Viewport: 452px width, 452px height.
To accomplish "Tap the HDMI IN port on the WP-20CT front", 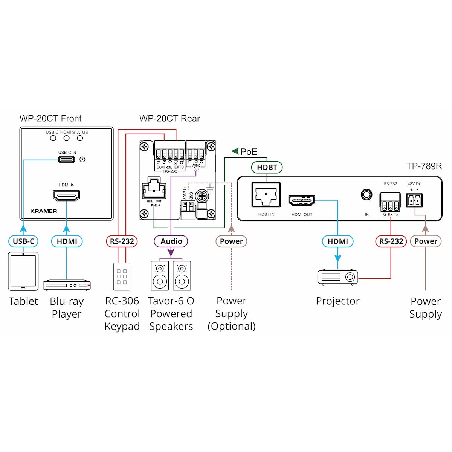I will pyautogui.click(x=66, y=195).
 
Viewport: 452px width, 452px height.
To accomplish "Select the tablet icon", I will pyautogui.click(x=23, y=271).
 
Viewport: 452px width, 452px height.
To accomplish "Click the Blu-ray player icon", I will pyautogui.click(x=67, y=285).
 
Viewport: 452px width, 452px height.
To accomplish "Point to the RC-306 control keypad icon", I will pyautogui.click(x=122, y=276).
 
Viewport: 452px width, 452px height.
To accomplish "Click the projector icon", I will pyautogui.click(x=337, y=276).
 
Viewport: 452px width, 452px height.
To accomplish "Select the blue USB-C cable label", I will pyautogui.click(x=23, y=241).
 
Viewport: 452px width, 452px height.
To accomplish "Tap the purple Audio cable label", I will pyautogui.click(x=171, y=241).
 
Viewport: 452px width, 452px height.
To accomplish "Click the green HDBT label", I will pyautogui.click(x=267, y=167).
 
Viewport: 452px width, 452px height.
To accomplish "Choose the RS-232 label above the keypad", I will pyautogui.click(x=122, y=241).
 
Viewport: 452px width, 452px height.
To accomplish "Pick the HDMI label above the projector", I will pyautogui.click(x=337, y=241).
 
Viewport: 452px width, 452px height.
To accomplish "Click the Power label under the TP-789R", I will pyautogui.click(x=426, y=241).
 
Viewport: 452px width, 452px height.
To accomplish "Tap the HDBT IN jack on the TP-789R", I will pyautogui.click(x=266, y=195).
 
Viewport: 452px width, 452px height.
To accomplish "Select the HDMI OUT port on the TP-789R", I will pyautogui.click(x=301, y=200).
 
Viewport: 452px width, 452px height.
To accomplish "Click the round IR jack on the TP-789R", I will pyautogui.click(x=366, y=195).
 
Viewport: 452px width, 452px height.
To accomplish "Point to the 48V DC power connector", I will pyautogui.click(x=414, y=200).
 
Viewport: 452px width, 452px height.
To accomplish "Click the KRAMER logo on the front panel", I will pyautogui.click(x=44, y=211).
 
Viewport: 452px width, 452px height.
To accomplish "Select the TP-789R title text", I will pyautogui.click(x=424, y=166).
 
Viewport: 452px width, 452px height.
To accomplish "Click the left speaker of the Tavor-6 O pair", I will pyautogui.click(x=160, y=276).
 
